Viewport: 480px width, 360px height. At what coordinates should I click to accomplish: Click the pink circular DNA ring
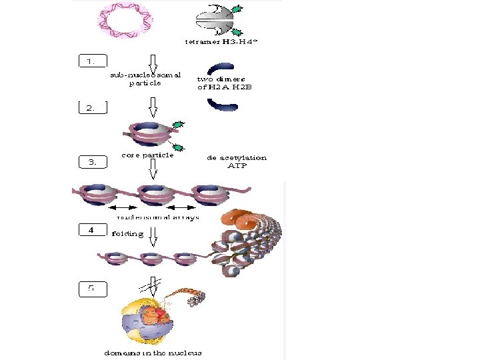125,20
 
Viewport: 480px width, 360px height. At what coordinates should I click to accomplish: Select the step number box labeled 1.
92,61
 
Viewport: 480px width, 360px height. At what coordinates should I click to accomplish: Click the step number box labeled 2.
92,107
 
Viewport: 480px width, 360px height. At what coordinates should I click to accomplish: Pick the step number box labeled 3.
92,161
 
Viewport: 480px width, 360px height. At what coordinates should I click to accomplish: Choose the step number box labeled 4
92,230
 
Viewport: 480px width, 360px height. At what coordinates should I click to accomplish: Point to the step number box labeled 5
92,289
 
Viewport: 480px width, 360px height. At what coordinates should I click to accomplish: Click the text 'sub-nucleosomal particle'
145,79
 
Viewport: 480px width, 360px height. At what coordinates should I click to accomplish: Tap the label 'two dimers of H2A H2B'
223,83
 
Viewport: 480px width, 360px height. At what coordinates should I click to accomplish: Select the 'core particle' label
147,155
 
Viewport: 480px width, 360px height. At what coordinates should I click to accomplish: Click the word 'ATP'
238,166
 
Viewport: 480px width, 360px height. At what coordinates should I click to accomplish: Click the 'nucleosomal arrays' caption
158,217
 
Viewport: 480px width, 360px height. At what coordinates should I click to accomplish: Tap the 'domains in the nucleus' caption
153,352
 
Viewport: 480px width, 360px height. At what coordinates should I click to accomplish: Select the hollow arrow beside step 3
153,170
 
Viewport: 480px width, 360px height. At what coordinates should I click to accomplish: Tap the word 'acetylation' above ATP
243,158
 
